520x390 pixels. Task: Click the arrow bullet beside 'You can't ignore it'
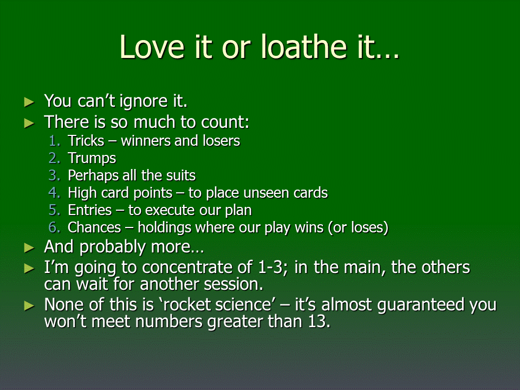click(29, 102)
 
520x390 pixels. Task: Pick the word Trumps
click(92, 159)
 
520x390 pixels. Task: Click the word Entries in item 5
click(89, 210)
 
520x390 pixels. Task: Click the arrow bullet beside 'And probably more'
click(29, 248)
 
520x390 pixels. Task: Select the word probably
click(113, 248)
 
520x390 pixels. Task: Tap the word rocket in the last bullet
click(188, 304)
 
